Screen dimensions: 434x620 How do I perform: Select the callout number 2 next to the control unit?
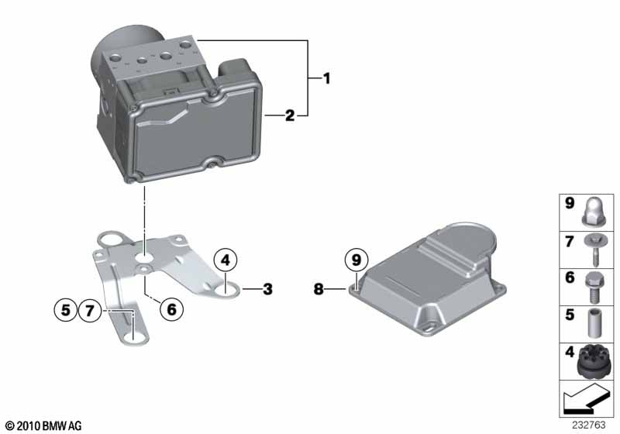289,116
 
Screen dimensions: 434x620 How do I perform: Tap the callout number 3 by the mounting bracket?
267,290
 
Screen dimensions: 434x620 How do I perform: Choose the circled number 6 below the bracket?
172,308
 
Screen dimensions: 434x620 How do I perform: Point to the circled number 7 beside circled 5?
90,312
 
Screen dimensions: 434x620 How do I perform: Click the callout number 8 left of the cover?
318,290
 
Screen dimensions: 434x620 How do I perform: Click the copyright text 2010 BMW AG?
43,425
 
